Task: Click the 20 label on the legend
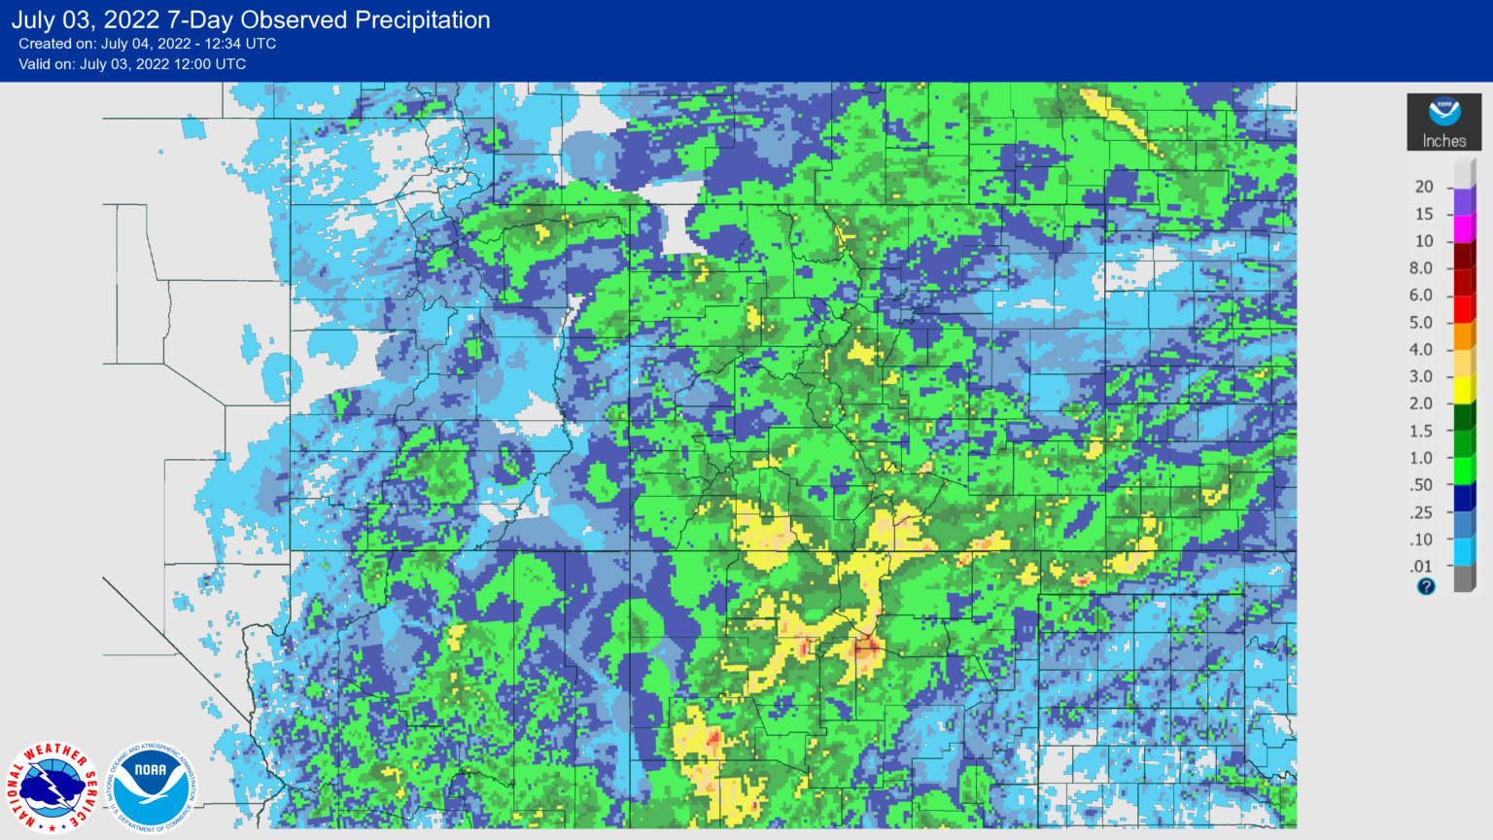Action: pos(1424,187)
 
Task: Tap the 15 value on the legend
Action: pos(1424,214)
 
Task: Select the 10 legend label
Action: pos(1424,241)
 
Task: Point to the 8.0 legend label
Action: pos(1421,268)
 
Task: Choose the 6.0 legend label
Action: pos(1421,296)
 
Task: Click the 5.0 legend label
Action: pos(1421,323)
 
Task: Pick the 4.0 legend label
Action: pos(1421,350)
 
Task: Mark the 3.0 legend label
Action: pos(1421,377)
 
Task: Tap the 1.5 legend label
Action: pos(1421,431)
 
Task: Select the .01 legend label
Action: pos(1422,567)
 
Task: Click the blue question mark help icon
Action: pos(1426,586)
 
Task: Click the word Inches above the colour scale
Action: pos(1444,141)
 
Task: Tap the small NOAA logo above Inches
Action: pos(1444,111)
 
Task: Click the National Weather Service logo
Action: pos(52,787)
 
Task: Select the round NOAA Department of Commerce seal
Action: pos(151,787)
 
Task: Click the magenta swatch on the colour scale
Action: pos(1464,228)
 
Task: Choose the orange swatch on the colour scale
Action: pos(1464,336)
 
